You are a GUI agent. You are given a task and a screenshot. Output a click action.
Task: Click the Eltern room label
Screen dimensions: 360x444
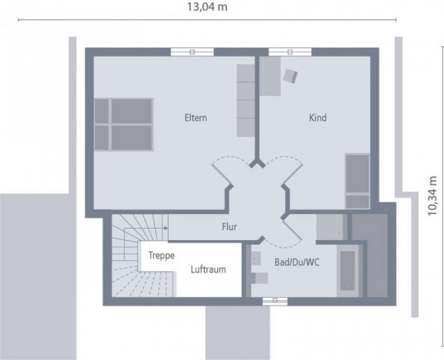pos(195,118)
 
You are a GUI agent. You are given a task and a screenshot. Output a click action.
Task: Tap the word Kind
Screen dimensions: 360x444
pos(317,118)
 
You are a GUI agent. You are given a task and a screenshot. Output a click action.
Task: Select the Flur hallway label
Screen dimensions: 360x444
pos(229,227)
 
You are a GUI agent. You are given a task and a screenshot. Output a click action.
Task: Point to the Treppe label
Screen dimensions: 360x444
pos(161,255)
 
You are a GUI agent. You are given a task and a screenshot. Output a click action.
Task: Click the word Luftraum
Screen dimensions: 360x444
pos(208,269)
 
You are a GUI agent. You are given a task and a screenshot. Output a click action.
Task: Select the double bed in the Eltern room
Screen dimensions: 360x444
pos(124,124)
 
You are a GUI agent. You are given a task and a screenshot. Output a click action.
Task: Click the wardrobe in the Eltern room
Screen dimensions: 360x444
pos(246,100)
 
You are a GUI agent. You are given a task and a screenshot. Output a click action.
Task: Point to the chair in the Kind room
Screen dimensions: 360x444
pos(291,76)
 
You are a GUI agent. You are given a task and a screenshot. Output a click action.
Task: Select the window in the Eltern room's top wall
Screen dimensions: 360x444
pos(192,52)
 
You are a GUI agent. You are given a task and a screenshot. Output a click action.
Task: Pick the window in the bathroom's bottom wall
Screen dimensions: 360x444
pos(274,300)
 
